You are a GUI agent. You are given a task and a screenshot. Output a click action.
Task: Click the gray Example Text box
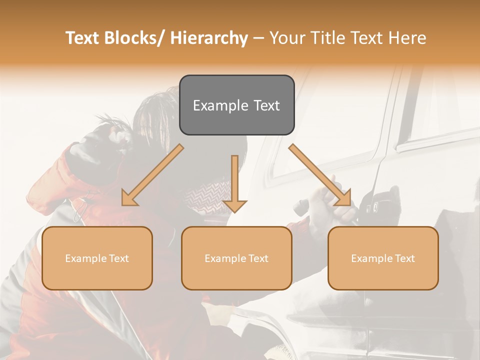pyautogui.click(x=236, y=105)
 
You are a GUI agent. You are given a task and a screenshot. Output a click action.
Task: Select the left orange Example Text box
pyautogui.click(x=97, y=258)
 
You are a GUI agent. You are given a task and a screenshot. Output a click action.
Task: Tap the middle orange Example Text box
pyautogui.click(x=236, y=258)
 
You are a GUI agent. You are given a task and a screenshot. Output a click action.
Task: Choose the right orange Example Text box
pyautogui.click(x=383, y=258)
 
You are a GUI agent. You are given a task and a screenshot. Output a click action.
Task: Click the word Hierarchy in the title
pyautogui.click(x=208, y=38)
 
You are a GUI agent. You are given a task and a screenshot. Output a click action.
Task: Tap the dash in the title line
pyautogui.click(x=258, y=38)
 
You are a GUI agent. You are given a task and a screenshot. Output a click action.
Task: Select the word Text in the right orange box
pyautogui.click(x=404, y=258)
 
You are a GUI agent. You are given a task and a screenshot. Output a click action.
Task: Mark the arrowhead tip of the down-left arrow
pyautogui.click(x=123, y=204)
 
